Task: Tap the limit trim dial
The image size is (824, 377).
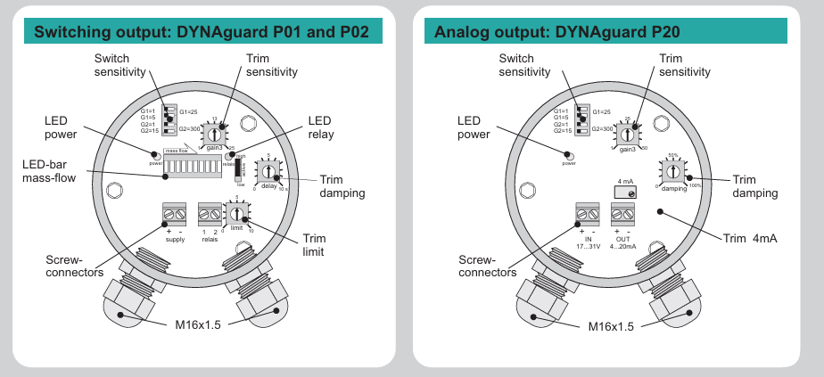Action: click(x=236, y=214)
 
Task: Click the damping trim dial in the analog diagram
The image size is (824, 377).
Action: click(x=673, y=169)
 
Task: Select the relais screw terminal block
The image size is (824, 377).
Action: click(x=210, y=214)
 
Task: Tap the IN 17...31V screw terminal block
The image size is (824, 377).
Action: click(x=589, y=214)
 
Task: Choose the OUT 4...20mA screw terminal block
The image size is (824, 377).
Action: click(x=622, y=214)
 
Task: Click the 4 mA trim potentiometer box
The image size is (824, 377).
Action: click(x=625, y=193)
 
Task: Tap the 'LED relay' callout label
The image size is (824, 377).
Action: click(x=321, y=127)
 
